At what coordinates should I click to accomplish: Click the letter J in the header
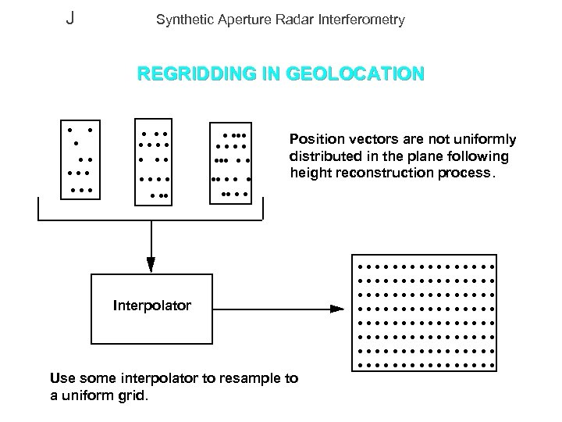pos(70,18)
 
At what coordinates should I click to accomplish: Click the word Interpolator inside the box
pos(151,306)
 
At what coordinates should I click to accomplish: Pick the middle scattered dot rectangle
pos(153,162)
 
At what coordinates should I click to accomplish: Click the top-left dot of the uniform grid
pos(361,266)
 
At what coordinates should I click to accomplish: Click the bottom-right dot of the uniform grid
pos(493,365)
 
